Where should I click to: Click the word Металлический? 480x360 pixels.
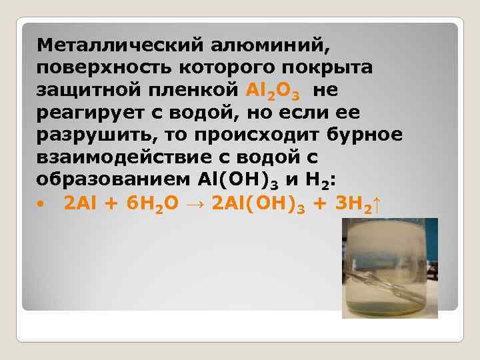(120, 45)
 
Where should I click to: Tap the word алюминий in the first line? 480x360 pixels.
(270, 46)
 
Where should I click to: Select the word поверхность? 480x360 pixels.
(104, 68)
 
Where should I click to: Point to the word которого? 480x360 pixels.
(227, 68)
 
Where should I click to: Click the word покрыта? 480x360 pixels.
(327, 68)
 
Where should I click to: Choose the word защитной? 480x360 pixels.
(89, 90)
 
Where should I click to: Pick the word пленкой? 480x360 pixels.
(193, 90)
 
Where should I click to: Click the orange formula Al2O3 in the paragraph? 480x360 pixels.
(273, 91)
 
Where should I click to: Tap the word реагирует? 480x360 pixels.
(90, 113)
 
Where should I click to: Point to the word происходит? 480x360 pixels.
(257, 135)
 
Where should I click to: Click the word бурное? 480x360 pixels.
(364, 135)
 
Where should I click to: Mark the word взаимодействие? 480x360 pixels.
(124, 157)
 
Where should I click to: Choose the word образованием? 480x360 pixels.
(113, 179)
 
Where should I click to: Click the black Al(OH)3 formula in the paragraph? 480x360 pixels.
(238, 181)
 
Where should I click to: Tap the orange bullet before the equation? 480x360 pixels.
(40, 203)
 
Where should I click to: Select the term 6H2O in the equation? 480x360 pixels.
(153, 204)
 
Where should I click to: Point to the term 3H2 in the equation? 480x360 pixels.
(353, 204)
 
